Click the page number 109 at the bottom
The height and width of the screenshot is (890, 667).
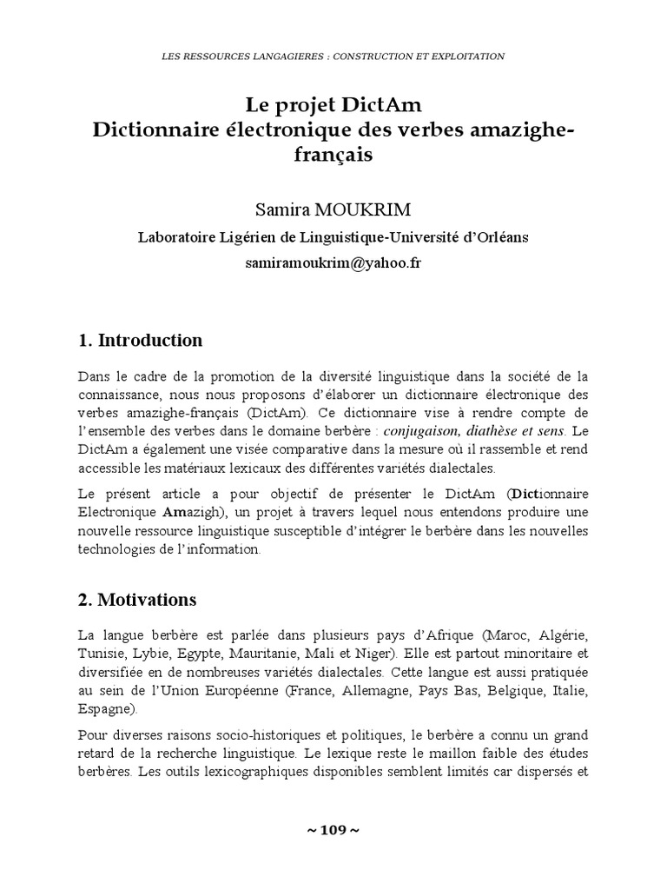coord(333,830)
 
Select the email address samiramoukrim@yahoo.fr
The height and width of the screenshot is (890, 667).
coord(333,263)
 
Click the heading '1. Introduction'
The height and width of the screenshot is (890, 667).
coord(140,340)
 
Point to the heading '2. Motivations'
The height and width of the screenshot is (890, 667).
coord(137,600)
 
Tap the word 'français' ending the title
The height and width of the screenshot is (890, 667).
coord(333,154)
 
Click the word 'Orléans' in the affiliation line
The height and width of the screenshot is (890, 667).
coord(497,237)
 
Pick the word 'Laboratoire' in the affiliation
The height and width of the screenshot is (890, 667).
coord(182,237)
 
